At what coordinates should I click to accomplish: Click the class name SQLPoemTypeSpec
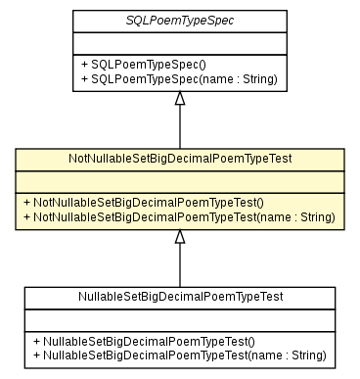coord(179,21)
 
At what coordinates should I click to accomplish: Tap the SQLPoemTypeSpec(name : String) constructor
coord(178,78)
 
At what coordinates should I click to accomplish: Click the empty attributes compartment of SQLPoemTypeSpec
coord(179,42)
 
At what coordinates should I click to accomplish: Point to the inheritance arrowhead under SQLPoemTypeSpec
coord(179,99)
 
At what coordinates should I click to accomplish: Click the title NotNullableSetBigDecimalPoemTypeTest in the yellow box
coord(179,158)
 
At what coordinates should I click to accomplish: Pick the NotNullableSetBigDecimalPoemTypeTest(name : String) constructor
coord(179,215)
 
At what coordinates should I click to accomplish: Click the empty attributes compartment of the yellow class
coord(179,179)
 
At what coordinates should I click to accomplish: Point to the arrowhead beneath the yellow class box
coord(179,236)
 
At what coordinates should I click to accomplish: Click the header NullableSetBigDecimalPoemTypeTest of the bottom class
coord(179,295)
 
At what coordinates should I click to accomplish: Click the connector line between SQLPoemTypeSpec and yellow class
coord(179,127)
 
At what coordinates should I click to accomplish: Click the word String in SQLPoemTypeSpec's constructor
coord(257,78)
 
